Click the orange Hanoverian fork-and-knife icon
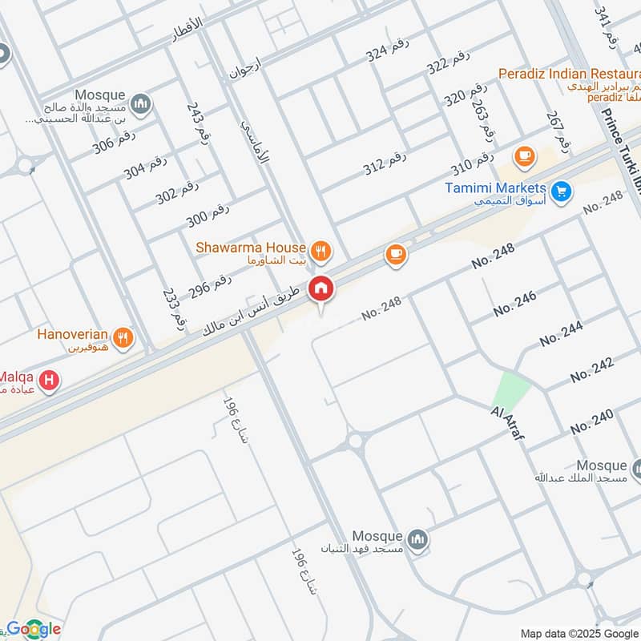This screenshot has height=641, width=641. click(x=123, y=337)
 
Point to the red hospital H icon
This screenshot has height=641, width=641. click(x=50, y=381)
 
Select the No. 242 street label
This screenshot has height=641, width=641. click(x=592, y=369)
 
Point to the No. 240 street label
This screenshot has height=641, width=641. click(x=592, y=421)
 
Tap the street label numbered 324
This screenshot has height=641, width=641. click(x=388, y=54)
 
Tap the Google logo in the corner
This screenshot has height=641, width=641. click(x=34, y=629)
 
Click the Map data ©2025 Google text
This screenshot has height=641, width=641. click(x=579, y=632)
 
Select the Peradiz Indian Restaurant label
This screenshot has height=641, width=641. click(x=568, y=75)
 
